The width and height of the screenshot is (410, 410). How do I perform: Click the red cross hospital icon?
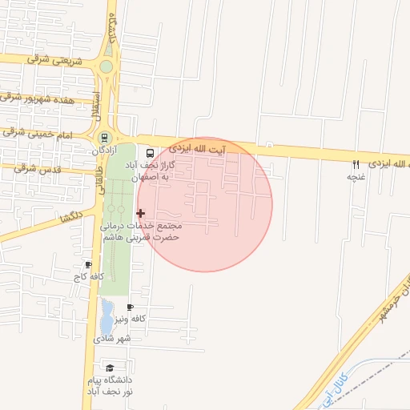[141, 213]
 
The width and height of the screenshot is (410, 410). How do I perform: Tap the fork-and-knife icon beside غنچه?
[356, 164]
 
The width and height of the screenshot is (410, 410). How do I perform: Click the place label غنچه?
[356, 177]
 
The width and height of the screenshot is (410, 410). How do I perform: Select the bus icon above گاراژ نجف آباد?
[149, 152]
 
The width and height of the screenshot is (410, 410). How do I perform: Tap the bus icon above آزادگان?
[104, 137]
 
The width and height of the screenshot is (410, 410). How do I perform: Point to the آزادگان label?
[104, 150]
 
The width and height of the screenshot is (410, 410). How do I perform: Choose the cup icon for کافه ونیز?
[130, 307]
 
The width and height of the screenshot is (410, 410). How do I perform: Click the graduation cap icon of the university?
[110, 368]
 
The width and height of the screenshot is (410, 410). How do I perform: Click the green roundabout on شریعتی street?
[107, 66]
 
